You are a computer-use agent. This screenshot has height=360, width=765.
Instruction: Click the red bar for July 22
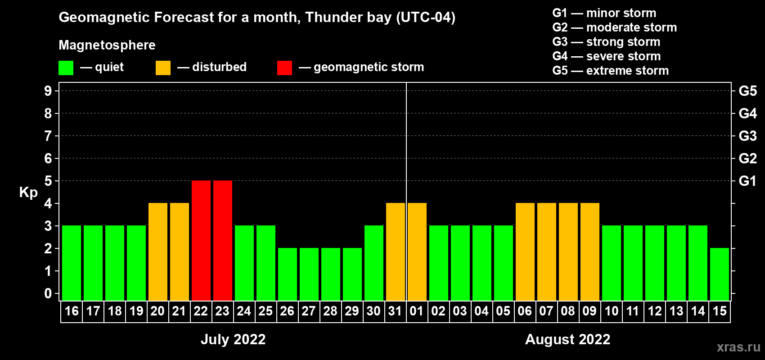[201, 240]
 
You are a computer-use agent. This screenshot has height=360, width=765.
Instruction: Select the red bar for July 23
[223, 240]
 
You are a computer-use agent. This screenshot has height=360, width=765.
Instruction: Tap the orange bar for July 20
[158, 252]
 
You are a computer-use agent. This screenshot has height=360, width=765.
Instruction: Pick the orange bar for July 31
[396, 252]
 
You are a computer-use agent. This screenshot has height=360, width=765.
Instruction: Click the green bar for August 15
[720, 274]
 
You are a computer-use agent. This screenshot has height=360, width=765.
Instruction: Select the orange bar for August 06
[525, 252]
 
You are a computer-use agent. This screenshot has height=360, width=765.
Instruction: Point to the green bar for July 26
[288, 274]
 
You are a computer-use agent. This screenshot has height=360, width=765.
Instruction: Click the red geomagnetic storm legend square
[284, 68]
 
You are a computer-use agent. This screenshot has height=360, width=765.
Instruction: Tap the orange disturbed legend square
[163, 68]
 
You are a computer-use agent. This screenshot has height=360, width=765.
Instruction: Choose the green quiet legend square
[66, 68]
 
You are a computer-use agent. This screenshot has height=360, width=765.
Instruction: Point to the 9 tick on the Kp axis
[48, 91]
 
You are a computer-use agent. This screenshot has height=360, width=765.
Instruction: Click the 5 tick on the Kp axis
[48, 181]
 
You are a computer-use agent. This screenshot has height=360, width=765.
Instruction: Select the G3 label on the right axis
[747, 136]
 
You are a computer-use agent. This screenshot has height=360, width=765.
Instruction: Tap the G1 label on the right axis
[747, 181]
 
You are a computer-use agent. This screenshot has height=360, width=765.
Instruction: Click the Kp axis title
[28, 193]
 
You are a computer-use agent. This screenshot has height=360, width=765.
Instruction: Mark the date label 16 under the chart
[72, 311]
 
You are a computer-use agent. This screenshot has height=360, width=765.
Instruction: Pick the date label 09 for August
[589, 311]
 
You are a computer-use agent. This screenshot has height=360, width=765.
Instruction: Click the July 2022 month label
[233, 339]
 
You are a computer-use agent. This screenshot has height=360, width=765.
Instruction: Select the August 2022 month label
[567, 339]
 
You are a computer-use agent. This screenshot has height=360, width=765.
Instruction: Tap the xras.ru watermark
[738, 347]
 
